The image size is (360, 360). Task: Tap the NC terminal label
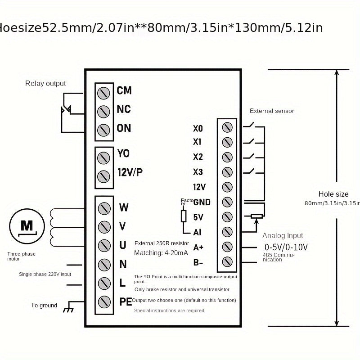point(124,109)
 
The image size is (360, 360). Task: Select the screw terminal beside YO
point(104,157)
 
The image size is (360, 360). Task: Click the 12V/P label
point(130,172)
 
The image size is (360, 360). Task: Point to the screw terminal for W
point(104,208)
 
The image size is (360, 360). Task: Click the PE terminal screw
point(104,301)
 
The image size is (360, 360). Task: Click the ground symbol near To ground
point(68,309)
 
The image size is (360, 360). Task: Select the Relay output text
point(45,83)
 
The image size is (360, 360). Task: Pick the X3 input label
point(198,172)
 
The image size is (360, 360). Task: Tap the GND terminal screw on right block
point(227,202)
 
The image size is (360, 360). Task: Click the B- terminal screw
point(227,261)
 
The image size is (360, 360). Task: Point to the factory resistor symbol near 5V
point(184,216)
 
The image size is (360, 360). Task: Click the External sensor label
point(272,111)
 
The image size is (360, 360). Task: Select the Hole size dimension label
point(333,194)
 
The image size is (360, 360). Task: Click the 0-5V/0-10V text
point(286,247)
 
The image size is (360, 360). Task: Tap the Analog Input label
point(283,235)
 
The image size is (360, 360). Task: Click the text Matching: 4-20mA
point(161,253)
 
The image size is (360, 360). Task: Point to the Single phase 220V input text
point(45,274)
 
